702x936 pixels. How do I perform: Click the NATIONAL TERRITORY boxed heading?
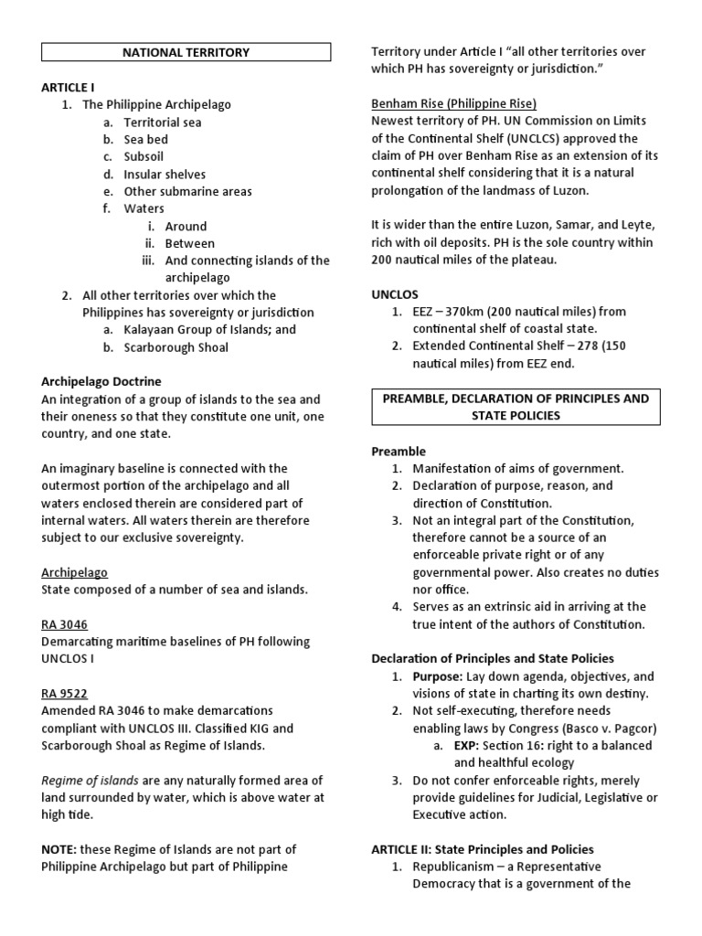tap(186, 52)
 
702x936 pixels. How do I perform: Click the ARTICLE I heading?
tap(68, 87)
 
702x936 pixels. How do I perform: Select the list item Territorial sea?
tap(163, 122)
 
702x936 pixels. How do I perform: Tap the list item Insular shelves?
tap(165, 174)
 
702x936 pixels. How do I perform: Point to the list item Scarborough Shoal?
tap(176, 347)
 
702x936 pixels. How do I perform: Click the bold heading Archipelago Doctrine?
tap(101, 381)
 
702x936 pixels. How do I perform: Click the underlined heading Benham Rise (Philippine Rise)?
tap(453, 103)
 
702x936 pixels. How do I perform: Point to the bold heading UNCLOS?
tap(394, 294)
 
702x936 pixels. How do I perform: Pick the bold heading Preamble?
tap(399, 451)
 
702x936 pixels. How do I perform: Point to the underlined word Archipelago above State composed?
tap(74, 572)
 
